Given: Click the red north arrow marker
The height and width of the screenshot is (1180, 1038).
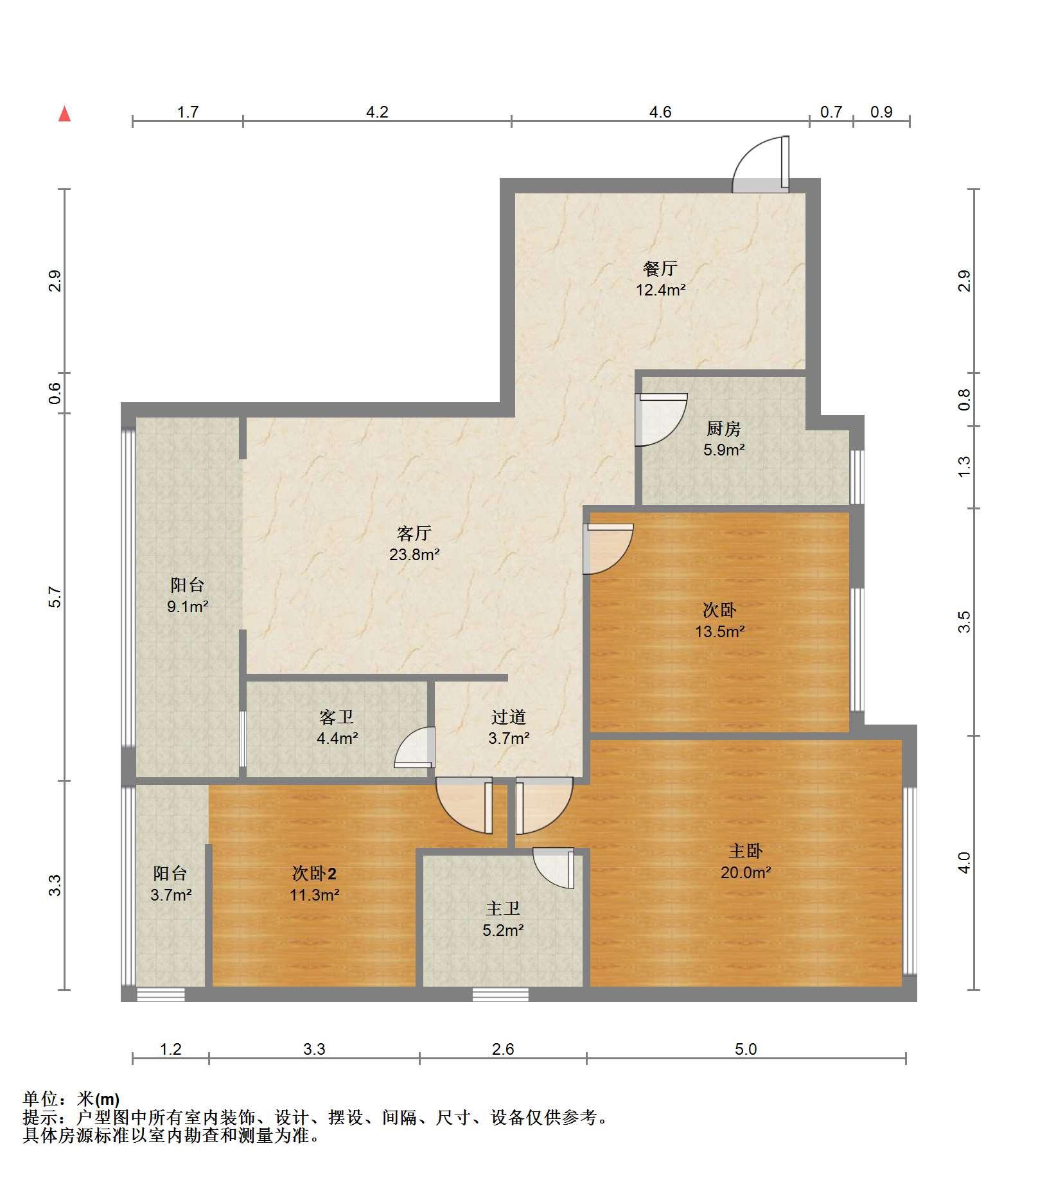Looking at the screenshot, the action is coord(64,114).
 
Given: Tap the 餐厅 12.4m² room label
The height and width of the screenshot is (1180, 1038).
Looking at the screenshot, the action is coord(660,279).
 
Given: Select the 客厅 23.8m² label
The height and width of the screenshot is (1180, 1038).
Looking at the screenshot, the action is coord(414,543).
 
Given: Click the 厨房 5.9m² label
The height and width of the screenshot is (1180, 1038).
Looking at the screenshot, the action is coord(724,439).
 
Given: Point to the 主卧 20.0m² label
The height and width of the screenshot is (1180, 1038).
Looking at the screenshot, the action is coord(745,861).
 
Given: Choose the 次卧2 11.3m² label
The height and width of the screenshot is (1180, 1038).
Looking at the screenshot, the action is coord(314,884).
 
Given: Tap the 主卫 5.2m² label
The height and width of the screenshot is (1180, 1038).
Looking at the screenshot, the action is coord(503,919).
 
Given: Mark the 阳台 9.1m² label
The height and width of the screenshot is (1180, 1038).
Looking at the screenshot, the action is coord(188,595).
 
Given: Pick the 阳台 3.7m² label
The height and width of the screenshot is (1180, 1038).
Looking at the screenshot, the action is coord(171,884).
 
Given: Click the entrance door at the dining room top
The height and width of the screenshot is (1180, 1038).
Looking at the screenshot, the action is coord(761,164).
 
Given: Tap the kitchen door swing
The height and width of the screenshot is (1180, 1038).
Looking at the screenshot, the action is coord(661,419).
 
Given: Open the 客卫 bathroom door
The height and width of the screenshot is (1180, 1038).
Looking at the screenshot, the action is coord(415,747).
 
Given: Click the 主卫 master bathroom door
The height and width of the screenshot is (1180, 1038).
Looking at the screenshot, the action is coord(553,868).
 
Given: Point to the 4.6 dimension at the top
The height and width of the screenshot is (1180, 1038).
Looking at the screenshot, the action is coord(660,112).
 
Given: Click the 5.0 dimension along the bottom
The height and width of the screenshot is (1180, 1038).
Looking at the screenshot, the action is coord(746,1049).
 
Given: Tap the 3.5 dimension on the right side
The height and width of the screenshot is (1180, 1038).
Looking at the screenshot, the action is coord(964,622).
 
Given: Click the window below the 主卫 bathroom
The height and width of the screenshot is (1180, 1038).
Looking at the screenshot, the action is coord(501,994).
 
